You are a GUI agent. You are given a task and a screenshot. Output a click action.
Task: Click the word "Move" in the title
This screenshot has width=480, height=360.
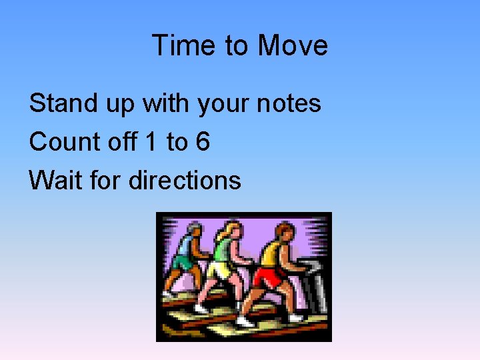click(x=293, y=45)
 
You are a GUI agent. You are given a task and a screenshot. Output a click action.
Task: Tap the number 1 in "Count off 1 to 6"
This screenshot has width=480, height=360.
click(x=151, y=141)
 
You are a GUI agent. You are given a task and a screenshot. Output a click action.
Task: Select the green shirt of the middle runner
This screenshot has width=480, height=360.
click(x=223, y=251)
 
